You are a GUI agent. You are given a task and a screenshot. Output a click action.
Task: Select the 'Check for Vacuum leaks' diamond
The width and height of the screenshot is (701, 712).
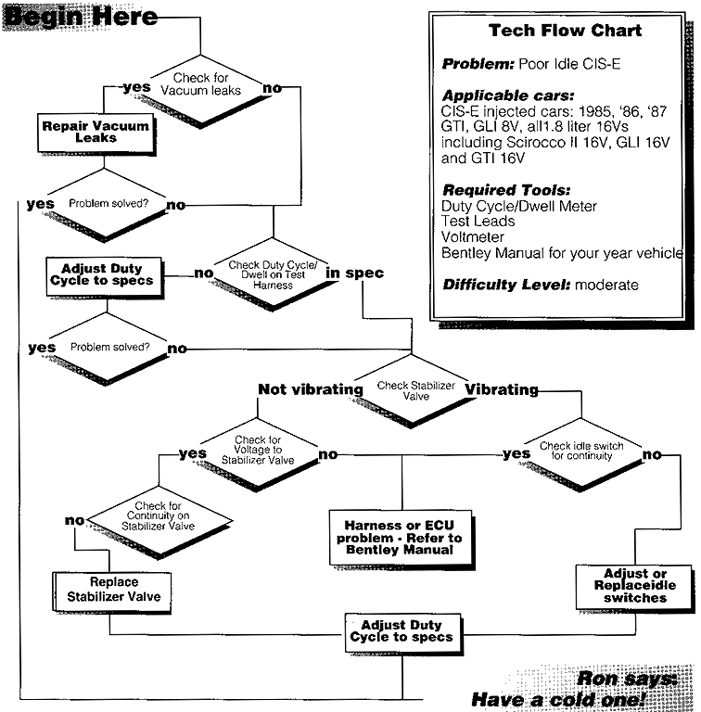coord(200,85)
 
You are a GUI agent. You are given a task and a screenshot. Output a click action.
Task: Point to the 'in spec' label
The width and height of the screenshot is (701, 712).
coord(353,273)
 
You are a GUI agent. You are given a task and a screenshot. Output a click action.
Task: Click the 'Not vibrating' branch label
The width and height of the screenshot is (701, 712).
coord(309,389)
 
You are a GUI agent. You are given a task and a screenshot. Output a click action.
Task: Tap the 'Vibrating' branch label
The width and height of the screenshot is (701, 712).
coord(502,389)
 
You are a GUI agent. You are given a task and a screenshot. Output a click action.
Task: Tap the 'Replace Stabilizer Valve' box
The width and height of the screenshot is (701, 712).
coord(112,590)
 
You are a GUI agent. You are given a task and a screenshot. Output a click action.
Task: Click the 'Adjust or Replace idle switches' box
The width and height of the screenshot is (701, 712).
coord(634,586)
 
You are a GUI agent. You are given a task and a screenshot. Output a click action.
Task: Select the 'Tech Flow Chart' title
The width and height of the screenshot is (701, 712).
coord(565,32)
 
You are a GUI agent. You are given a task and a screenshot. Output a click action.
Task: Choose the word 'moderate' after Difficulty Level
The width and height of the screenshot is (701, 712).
coord(606,286)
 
